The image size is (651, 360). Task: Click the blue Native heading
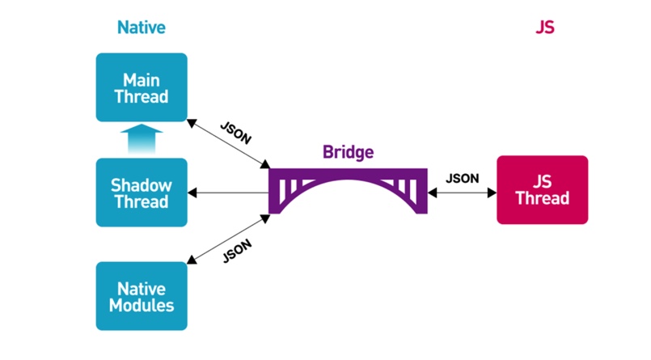coord(142,28)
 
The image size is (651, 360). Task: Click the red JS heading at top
coord(545,28)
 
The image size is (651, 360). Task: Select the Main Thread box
coord(142,87)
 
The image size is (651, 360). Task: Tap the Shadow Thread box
coord(142,193)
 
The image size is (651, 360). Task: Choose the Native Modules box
coord(142,296)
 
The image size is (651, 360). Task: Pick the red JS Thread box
coord(542,190)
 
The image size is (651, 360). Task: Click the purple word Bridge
coord(348,152)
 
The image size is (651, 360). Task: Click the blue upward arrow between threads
coord(142,139)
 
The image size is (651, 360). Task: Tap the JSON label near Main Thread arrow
coord(236,133)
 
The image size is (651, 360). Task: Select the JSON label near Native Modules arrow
coord(237,252)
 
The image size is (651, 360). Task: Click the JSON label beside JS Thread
coord(462,179)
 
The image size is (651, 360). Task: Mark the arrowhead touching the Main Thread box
coord(192,123)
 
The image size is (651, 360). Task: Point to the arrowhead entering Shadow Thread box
coord(192,193)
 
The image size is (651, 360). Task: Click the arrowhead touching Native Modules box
coord(192,260)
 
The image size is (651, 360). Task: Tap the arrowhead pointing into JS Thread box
coord(492,193)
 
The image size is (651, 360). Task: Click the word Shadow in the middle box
coord(142,185)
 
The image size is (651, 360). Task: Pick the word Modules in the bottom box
coord(142,306)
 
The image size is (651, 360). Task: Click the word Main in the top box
coord(142,80)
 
